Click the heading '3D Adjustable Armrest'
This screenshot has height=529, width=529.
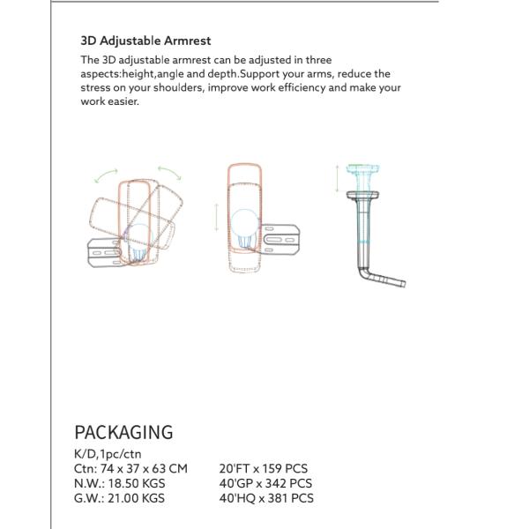pyautogui.click(x=145, y=41)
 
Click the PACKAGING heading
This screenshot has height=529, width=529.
pyautogui.click(x=123, y=432)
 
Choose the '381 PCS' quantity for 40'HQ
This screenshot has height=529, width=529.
pyautogui.click(x=290, y=498)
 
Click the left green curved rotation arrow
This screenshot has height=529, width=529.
pyautogui.click(x=108, y=175)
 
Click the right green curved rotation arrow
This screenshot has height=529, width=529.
pyautogui.click(x=169, y=173)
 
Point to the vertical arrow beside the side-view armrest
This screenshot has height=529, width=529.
pyautogui.click(x=336, y=179)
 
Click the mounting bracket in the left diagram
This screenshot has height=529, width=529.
pyautogui.click(x=100, y=251)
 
